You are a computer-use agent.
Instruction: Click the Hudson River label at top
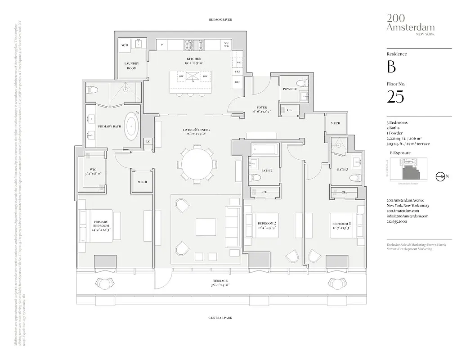(220, 20)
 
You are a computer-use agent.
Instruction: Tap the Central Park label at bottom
(220, 318)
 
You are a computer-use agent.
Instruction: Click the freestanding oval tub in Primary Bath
(131, 126)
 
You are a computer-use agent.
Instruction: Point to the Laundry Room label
(131, 66)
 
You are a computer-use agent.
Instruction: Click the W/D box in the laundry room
(125, 45)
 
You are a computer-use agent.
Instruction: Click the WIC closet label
(93, 170)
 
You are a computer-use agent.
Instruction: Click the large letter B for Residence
(391, 67)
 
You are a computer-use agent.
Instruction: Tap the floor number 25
(395, 97)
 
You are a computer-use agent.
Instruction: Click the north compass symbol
(440, 176)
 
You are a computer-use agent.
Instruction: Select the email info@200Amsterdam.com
(408, 216)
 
